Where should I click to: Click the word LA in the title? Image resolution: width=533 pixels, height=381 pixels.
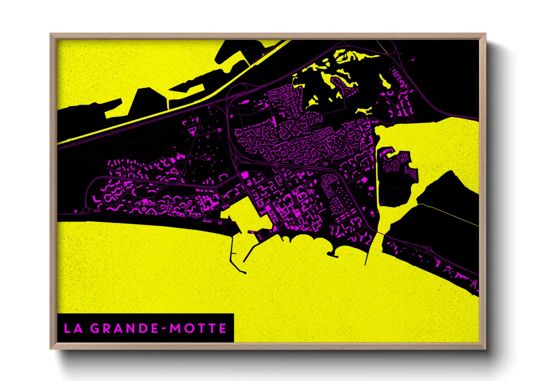[73, 328]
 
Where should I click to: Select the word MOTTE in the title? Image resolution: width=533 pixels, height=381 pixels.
[198, 328]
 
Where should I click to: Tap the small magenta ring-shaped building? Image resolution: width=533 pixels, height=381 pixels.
[219, 130]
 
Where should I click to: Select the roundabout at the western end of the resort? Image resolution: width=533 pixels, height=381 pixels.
[86, 210]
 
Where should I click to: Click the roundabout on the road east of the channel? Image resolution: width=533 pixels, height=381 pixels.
[429, 248]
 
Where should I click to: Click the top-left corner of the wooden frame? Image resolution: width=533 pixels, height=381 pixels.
[51, 34]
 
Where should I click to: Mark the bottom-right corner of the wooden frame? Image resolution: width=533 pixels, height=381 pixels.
[485, 349]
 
